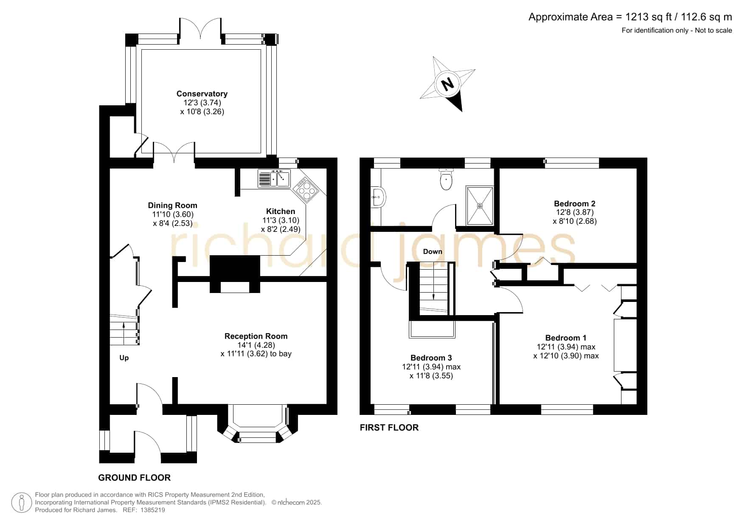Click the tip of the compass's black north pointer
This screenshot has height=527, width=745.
click(x=461, y=112)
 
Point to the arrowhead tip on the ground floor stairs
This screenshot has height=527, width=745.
click(x=124, y=323)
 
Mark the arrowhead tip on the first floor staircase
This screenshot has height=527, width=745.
click(x=433, y=300)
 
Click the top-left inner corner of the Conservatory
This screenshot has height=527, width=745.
click(x=142, y=50)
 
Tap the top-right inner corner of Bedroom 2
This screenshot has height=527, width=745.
click(x=637, y=169)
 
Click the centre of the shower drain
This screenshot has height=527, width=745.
click(x=480, y=206)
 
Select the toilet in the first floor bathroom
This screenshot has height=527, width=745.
click(x=446, y=179)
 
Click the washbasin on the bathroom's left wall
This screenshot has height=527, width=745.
click(x=377, y=197)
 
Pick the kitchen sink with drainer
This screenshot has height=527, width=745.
click(x=274, y=178)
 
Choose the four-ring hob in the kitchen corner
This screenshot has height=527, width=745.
click(x=305, y=190)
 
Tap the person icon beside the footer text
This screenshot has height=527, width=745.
click(x=21, y=503)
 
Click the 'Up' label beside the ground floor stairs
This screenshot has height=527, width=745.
click(x=124, y=358)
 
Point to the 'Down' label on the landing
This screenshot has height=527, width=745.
click(x=433, y=251)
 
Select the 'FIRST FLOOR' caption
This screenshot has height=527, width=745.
click(x=389, y=428)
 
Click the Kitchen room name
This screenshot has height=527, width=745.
click(x=281, y=211)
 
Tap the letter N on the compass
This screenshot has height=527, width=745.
click(x=447, y=83)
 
